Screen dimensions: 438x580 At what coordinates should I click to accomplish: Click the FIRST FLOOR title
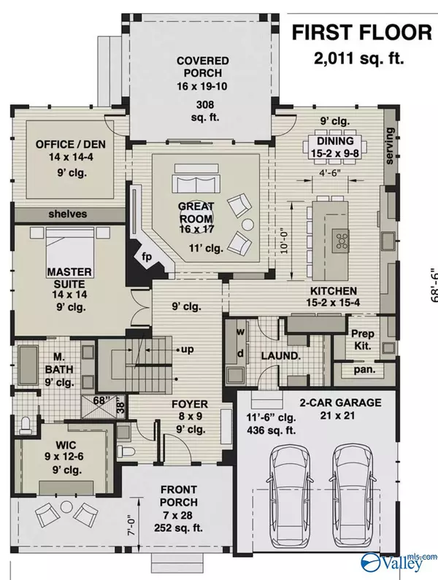click(362, 33)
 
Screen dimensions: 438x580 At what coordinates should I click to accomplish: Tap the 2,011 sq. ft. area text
click(358, 58)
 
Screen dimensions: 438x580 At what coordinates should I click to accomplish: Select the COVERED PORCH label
click(202, 66)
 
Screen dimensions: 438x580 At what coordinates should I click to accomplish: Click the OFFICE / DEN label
click(70, 144)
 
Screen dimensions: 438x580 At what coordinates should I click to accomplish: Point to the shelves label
click(68, 214)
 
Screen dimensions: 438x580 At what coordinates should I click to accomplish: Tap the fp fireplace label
click(147, 256)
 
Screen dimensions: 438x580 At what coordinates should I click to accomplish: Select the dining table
click(335, 145)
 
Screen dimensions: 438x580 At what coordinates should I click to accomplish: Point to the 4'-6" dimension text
click(330, 173)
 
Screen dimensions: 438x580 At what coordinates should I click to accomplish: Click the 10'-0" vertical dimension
click(285, 242)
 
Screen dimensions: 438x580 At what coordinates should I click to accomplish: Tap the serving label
click(390, 146)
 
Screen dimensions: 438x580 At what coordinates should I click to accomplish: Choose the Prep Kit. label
click(363, 339)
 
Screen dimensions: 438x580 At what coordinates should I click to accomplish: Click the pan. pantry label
click(364, 369)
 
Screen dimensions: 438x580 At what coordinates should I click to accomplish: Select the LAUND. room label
click(280, 356)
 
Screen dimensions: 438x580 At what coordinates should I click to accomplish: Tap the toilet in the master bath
click(25, 425)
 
